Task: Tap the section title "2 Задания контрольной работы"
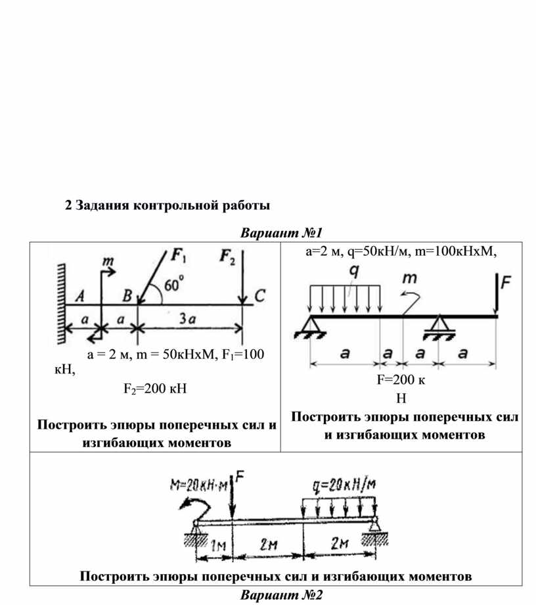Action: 167,206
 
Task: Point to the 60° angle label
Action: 174,285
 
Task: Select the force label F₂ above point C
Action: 227,258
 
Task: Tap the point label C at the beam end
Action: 259,297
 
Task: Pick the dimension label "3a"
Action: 187,320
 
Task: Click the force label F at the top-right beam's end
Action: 505,283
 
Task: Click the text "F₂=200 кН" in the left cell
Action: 155,388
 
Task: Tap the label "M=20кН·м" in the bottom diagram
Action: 198,486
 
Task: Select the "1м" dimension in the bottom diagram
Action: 220,544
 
